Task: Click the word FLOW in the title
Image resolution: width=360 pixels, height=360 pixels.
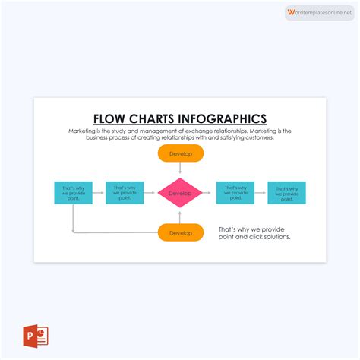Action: point(109,118)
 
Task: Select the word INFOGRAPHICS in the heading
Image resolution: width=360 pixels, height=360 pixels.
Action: point(224,118)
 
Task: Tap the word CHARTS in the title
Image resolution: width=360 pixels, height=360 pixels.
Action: point(153,118)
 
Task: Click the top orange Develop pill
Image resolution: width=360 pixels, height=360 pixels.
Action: point(181,153)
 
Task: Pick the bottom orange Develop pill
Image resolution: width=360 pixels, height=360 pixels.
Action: point(181,232)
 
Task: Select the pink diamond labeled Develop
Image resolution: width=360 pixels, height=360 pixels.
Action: point(181,193)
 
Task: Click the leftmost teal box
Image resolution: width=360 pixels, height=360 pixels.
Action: point(74,193)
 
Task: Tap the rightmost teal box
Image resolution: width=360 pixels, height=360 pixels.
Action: point(287,193)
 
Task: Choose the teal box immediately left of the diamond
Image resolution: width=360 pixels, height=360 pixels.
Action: point(125,193)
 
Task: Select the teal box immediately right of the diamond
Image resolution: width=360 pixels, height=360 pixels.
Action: point(235,193)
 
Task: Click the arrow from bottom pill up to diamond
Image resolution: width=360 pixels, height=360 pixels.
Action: point(181,216)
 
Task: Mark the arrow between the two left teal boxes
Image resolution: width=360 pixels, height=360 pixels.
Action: point(99,193)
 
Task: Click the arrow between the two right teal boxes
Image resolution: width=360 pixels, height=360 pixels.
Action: point(261,193)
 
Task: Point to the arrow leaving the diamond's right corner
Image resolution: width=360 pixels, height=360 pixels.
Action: point(209,193)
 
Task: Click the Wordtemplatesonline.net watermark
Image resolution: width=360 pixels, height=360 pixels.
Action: point(320,13)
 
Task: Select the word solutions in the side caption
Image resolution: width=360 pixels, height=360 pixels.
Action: point(274,237)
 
